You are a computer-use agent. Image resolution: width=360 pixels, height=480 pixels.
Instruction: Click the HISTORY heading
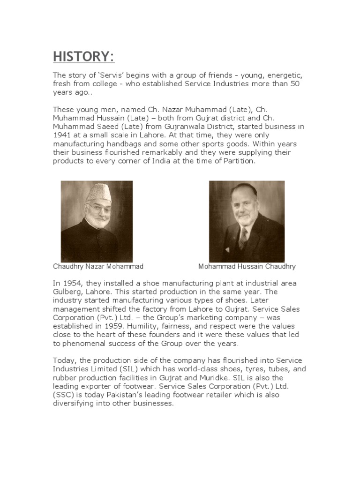pos(83,57)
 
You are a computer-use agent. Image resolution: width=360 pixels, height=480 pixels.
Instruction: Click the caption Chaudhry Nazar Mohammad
pos(98,267)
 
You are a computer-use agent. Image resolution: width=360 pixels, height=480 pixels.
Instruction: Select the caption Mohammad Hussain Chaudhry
pos(247,267)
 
